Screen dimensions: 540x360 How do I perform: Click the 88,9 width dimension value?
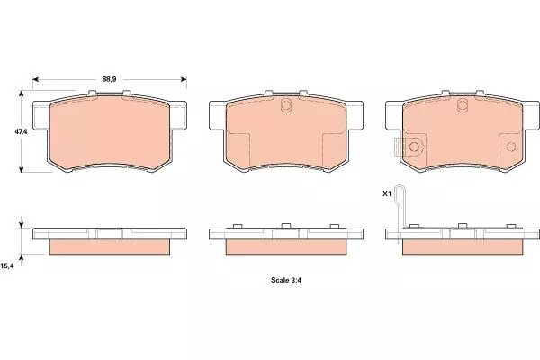pyautogui.click(x=109, y=79)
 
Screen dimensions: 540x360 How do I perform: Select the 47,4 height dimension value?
pyautogui.click(x=21, y=131)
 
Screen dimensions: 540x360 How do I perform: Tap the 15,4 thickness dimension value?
pyautogui.click(x=7, y=266)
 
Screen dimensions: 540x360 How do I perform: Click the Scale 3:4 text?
pyautogui.click(x=286, y=280)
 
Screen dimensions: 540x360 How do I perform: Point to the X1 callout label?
pyautogui.click(x=387, y=194)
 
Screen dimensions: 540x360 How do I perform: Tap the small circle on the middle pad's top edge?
pyautogui.click(x=286, y=104)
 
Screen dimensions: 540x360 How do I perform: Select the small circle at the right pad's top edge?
pyautogui.click(x=463, y=104)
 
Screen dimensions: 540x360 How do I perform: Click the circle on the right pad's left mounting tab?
pyautogui.click(x=414, y=148)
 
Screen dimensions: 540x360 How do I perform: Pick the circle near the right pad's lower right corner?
pyautogui.click(x=511, y=147)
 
